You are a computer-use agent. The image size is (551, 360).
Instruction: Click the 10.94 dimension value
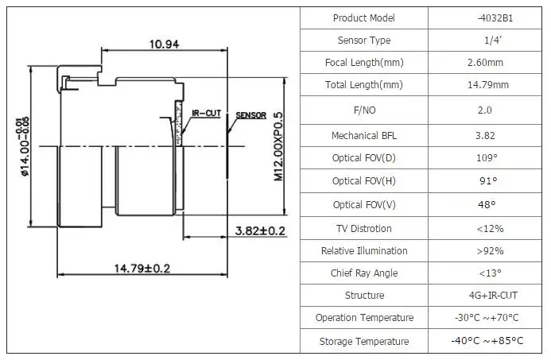click(x=164, y=45)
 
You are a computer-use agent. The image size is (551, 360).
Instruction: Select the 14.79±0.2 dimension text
click(x=142, y=269)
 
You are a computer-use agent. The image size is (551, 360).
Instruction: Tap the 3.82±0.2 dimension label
click(x=260, y=230)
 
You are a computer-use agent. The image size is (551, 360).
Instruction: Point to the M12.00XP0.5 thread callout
click(x=278, y=146)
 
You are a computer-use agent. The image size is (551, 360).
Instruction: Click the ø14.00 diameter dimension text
click(x=24, y=146)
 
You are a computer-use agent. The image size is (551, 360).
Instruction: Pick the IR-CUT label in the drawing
click(x=206, y=114)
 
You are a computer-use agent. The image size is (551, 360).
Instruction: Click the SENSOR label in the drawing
click(x=251, y=115)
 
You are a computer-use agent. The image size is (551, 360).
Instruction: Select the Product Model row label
click(x=363, y=18)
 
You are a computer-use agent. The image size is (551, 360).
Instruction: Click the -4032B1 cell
click(x=495, y=18)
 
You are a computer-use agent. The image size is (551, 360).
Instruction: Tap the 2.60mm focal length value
click(x=485, y=63)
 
